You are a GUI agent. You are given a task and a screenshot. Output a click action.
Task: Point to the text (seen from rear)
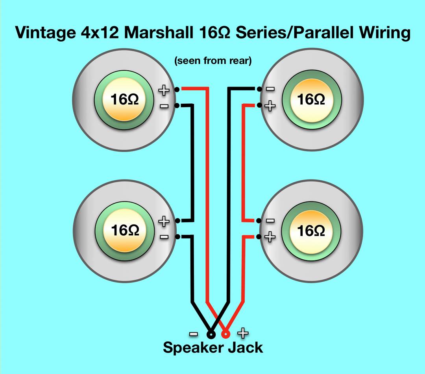click(213, 61)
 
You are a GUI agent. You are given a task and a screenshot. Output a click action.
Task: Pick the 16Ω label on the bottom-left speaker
click(124, 230)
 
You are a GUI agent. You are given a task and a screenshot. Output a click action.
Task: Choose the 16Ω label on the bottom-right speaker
click(311, 230)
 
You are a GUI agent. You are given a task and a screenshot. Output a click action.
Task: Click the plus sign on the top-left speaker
click(164, 90)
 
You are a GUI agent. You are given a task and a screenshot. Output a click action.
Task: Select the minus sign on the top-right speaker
click(270, 89)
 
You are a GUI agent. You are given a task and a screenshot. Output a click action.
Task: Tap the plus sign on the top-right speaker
click(270, 106)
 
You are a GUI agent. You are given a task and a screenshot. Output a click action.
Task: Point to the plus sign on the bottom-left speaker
click(164, 221)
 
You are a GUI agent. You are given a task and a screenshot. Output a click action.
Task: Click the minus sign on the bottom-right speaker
click(270, 221)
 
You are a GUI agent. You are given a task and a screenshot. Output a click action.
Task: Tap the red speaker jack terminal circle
click(225, 335)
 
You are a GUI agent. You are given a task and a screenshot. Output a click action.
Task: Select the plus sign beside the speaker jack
click(243, 334)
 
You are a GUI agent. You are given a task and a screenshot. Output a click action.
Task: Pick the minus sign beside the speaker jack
click(194, 334)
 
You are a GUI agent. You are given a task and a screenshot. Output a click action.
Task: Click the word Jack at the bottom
click(244, 348)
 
